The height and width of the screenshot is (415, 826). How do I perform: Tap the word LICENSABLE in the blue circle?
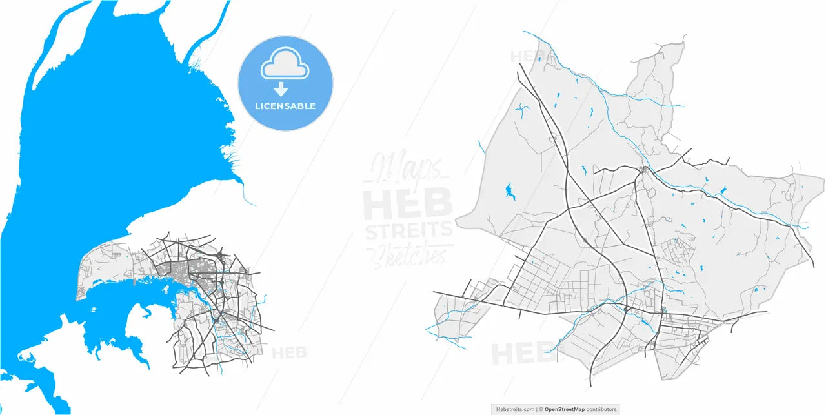point(285,106)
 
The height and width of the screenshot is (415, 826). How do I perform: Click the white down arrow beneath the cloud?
point(281,90)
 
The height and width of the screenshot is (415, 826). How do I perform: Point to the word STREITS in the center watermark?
point(408,230)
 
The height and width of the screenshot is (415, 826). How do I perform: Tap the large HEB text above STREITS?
point(408,205)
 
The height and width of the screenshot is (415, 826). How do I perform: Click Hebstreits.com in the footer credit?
point(515,409)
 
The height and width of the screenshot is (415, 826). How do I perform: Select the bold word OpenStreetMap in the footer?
point(565,409)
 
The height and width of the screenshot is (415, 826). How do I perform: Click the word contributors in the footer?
point(601,409)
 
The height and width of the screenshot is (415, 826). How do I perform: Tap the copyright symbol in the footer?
point(541,409)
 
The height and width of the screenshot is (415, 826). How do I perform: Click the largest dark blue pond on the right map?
point(509,190)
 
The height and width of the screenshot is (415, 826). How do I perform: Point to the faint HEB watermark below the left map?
point(288,353)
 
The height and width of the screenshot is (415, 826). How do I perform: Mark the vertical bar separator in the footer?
point(537,409)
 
